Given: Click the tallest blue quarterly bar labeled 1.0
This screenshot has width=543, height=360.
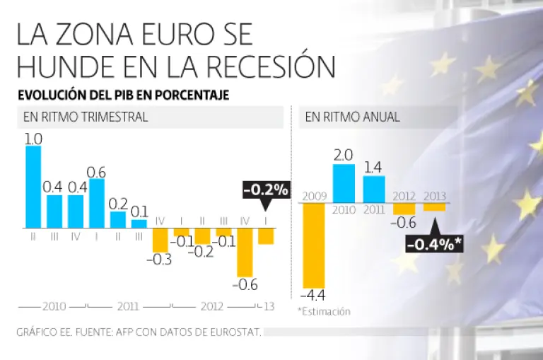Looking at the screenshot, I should [33, 187].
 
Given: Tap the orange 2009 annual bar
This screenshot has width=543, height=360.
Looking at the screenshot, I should [313, 244].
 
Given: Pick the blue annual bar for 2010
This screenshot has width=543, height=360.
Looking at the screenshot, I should [344, 183].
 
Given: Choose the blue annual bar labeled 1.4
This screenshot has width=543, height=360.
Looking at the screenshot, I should [374, 189].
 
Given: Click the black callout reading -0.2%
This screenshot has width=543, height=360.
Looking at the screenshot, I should [266, 190].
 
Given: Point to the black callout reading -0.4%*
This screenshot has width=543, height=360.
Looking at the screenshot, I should [433, 244].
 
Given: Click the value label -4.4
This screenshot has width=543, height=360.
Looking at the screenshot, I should [314, 294].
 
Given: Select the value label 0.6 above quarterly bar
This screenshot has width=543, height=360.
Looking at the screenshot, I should [97, 172].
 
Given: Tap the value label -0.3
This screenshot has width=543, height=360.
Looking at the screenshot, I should [161, 260].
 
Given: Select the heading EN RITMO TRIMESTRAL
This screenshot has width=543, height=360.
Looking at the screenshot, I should [86, 117].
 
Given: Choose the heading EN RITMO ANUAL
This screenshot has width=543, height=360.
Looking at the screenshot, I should [353, 117].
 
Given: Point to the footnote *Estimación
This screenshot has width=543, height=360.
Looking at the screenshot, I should [324, 311].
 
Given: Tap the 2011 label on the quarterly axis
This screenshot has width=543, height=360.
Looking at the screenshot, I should [128, 307].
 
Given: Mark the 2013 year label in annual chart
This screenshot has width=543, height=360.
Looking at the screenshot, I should [435, 195].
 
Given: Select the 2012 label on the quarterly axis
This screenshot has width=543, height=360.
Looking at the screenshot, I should [212, 307].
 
